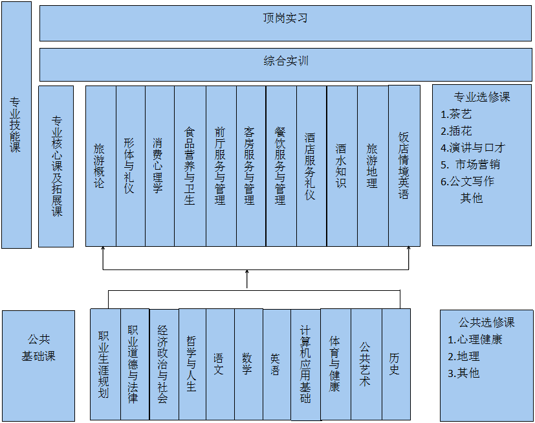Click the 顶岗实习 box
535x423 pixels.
[285, 24]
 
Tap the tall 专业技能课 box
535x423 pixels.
[16, 124]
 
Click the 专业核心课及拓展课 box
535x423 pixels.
[56, 166]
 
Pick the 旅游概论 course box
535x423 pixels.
[100, 166]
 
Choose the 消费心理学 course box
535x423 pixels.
[159, 166]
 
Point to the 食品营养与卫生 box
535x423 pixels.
[190, 166]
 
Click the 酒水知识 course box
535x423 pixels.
[342, 166]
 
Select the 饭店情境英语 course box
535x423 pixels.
[404, 166]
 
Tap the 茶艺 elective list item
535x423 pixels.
[460, 115]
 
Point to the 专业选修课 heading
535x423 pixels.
[482, 97]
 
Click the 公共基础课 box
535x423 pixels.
[38, 348]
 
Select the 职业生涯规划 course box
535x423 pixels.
[104, 365]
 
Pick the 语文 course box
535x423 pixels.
[220, 365]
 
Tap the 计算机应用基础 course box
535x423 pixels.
[305, 365]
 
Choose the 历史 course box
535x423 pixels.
[395, 365]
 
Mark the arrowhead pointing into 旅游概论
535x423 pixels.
[104, 251]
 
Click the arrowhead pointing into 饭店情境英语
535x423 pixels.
[409, 251]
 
